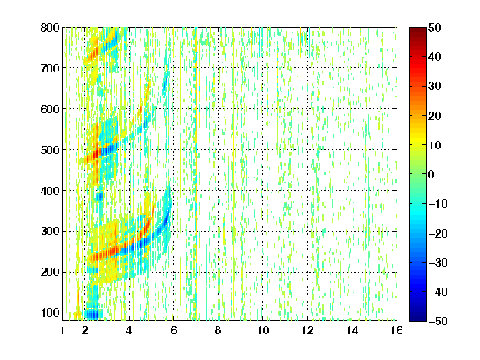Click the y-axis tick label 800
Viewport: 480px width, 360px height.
(50, 27)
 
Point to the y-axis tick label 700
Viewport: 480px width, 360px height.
(50, 68)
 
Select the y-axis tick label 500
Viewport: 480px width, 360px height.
(50, 150)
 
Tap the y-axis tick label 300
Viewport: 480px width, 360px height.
(50, 232)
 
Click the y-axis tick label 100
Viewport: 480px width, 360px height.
(50, 312)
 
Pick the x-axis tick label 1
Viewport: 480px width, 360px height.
(62, 330)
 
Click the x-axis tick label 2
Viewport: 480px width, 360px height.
(85, 330)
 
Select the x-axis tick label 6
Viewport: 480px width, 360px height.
(173, 330)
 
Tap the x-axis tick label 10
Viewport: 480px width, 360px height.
(262, 330)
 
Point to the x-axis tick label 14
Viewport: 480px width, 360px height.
(352, 330)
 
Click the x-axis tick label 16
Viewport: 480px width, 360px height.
(397, 330)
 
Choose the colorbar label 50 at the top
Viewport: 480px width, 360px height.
(434, 27)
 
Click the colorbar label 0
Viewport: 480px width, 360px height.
(432, 174)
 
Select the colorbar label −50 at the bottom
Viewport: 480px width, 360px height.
(438, 321)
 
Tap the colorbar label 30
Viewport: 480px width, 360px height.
(434, 87)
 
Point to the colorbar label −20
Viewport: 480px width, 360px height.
(438, 233)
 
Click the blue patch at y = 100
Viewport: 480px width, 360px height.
(93, 314)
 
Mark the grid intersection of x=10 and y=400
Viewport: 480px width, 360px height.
(262, 191)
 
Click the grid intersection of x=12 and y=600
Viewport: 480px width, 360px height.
(307, 109)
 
